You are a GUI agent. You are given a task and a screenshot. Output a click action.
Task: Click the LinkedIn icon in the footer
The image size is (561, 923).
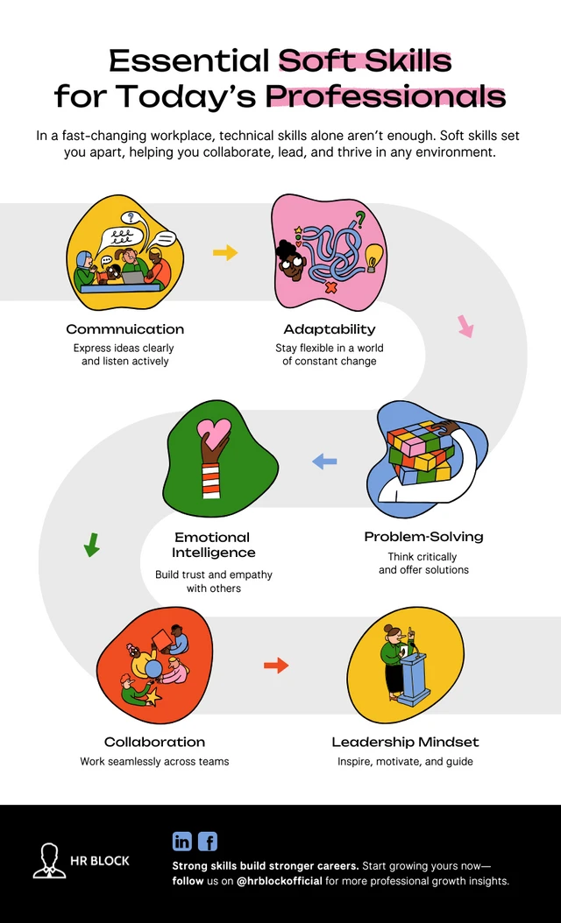click(x=182, y=842)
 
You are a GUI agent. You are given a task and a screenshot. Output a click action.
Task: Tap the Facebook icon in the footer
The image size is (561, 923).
click(x=208, y=842)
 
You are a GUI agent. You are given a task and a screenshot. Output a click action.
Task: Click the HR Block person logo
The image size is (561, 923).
click(x=49, y=860)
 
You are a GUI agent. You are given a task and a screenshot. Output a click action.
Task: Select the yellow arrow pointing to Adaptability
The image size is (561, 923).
click(x=225, y=253)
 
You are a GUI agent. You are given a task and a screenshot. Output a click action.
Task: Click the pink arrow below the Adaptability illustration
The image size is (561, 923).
click(x=465, y=327)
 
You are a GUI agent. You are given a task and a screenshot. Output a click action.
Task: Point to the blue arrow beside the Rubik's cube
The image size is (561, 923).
click(x=324, y=461)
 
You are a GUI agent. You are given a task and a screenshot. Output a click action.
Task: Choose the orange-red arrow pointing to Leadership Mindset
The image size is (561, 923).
click(x=276, y=666)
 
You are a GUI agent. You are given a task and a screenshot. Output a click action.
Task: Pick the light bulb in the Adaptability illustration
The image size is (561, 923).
click(x=375, y=256)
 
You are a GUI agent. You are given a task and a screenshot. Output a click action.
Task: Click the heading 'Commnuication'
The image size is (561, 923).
click(x=125, y=329)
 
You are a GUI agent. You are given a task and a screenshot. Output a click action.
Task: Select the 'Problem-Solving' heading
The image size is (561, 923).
click(x=423, y=536)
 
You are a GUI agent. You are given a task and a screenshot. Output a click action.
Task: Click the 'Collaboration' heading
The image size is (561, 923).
click(x=154, y=742)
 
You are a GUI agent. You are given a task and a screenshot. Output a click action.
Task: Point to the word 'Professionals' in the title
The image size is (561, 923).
click(x=386, y=95)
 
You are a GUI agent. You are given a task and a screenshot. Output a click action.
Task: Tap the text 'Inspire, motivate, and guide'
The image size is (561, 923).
click(x=405, y=762)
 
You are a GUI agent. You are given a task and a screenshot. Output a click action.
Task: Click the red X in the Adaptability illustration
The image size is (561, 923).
click(x=331, y=286)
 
